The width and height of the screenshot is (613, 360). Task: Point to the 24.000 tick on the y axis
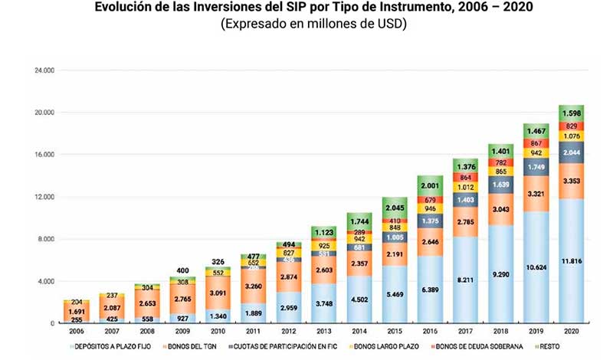pos(44,70)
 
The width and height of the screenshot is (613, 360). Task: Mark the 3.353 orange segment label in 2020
pos(571,182)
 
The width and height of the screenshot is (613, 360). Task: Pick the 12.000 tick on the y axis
pos(44,197)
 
